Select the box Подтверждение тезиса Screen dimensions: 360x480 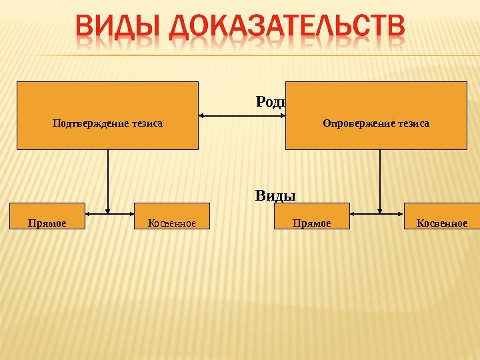(107, 115)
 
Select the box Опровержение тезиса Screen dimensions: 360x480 (376, 115)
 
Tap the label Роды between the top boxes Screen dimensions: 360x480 (271, 102)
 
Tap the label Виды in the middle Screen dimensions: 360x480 (275, 196)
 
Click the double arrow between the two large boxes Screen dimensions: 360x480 (242, 116)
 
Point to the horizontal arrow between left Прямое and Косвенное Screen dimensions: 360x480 (110, 215)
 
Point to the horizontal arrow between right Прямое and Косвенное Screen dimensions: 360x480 (377, 215)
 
